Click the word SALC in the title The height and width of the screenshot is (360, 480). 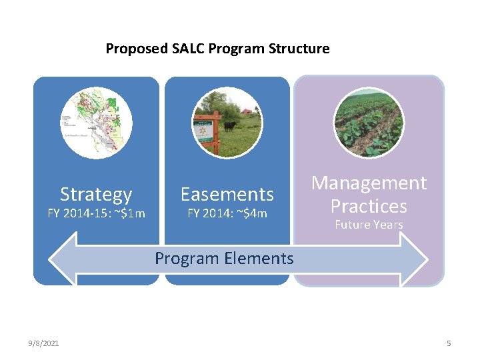coord(190,49)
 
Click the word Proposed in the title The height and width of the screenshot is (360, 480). coord(136,49)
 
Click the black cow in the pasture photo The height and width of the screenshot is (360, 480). coord(229,125)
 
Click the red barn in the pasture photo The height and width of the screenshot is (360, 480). coord(247,111)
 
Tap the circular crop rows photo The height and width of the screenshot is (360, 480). coord(369,122)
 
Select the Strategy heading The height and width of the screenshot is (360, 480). coord(96,195)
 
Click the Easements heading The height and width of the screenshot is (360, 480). coord(227,195)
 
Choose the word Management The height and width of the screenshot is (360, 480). coord(369,183)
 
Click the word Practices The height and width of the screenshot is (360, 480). coord(369,205)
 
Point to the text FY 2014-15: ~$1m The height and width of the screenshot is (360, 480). coord(96,213)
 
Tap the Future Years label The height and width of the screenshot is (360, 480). coord(369,225)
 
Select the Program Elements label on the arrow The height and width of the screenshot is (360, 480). coord(224,259)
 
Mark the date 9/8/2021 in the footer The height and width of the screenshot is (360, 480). coord(43,343)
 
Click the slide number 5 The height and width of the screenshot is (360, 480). coord(449,343)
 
